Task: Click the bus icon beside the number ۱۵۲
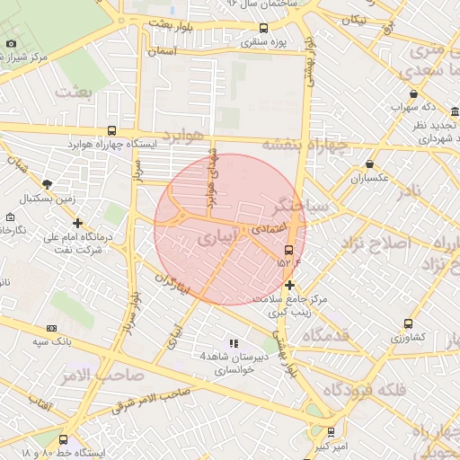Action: point(288,250)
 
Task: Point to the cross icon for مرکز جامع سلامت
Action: point(288,285)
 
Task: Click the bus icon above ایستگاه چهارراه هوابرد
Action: point(111,130)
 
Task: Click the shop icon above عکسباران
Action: point(370,164)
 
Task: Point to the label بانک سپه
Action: point(52,341)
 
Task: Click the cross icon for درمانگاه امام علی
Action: point(78,223)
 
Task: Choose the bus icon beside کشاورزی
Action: point(409,324)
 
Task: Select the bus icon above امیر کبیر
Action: point(331,432)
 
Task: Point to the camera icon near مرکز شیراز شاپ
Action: point(11,43)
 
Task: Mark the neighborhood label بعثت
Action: point(73,91)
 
